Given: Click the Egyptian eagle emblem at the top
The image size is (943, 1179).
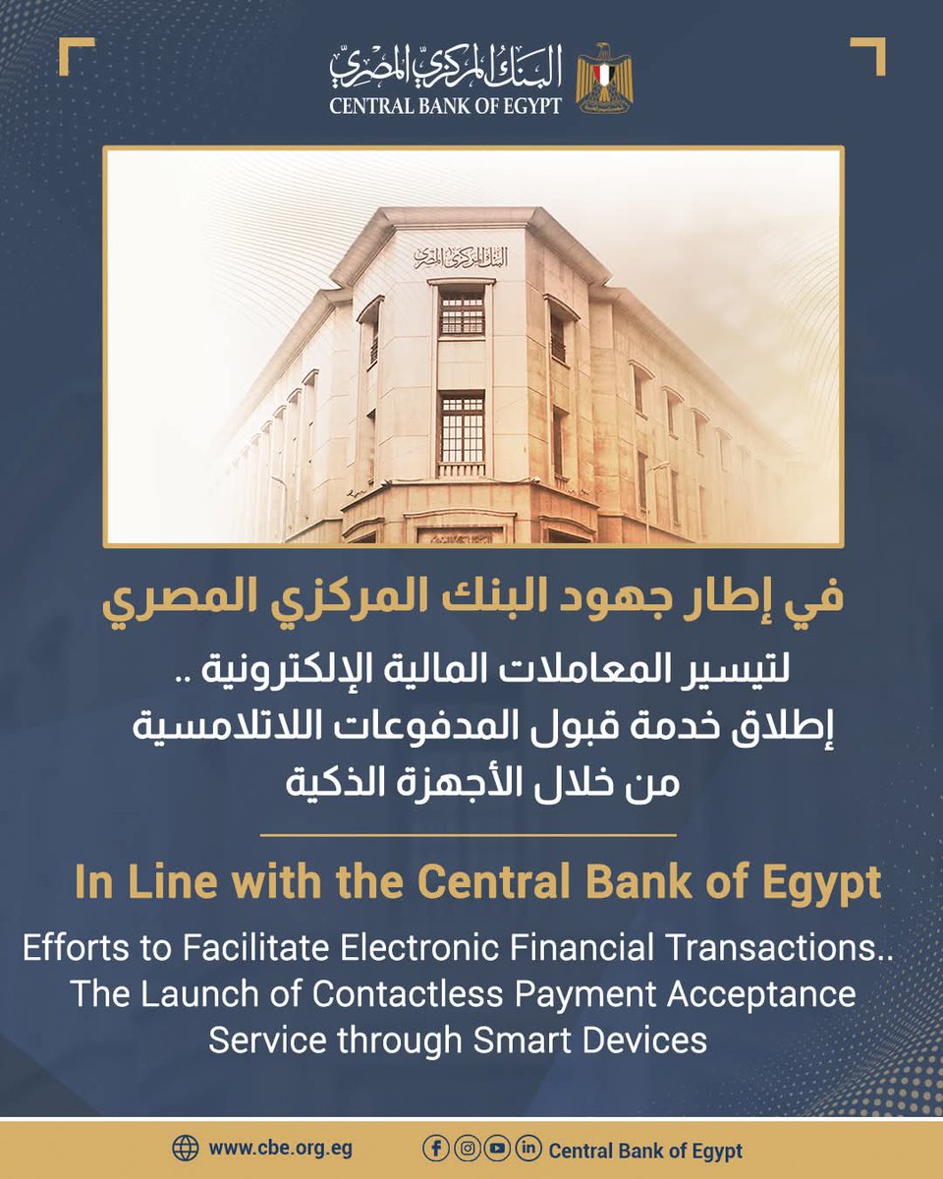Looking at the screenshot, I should pos(603,79).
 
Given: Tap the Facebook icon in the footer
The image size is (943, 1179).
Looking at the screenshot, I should pos(435,1148).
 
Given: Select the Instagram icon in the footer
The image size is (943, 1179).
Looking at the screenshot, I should pos(468,1148).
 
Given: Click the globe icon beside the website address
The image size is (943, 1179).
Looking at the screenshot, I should pos(185,1148).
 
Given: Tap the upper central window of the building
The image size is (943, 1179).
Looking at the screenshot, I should pos(461,311).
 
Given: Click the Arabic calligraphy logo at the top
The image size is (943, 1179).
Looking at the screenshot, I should pos(447,67).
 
